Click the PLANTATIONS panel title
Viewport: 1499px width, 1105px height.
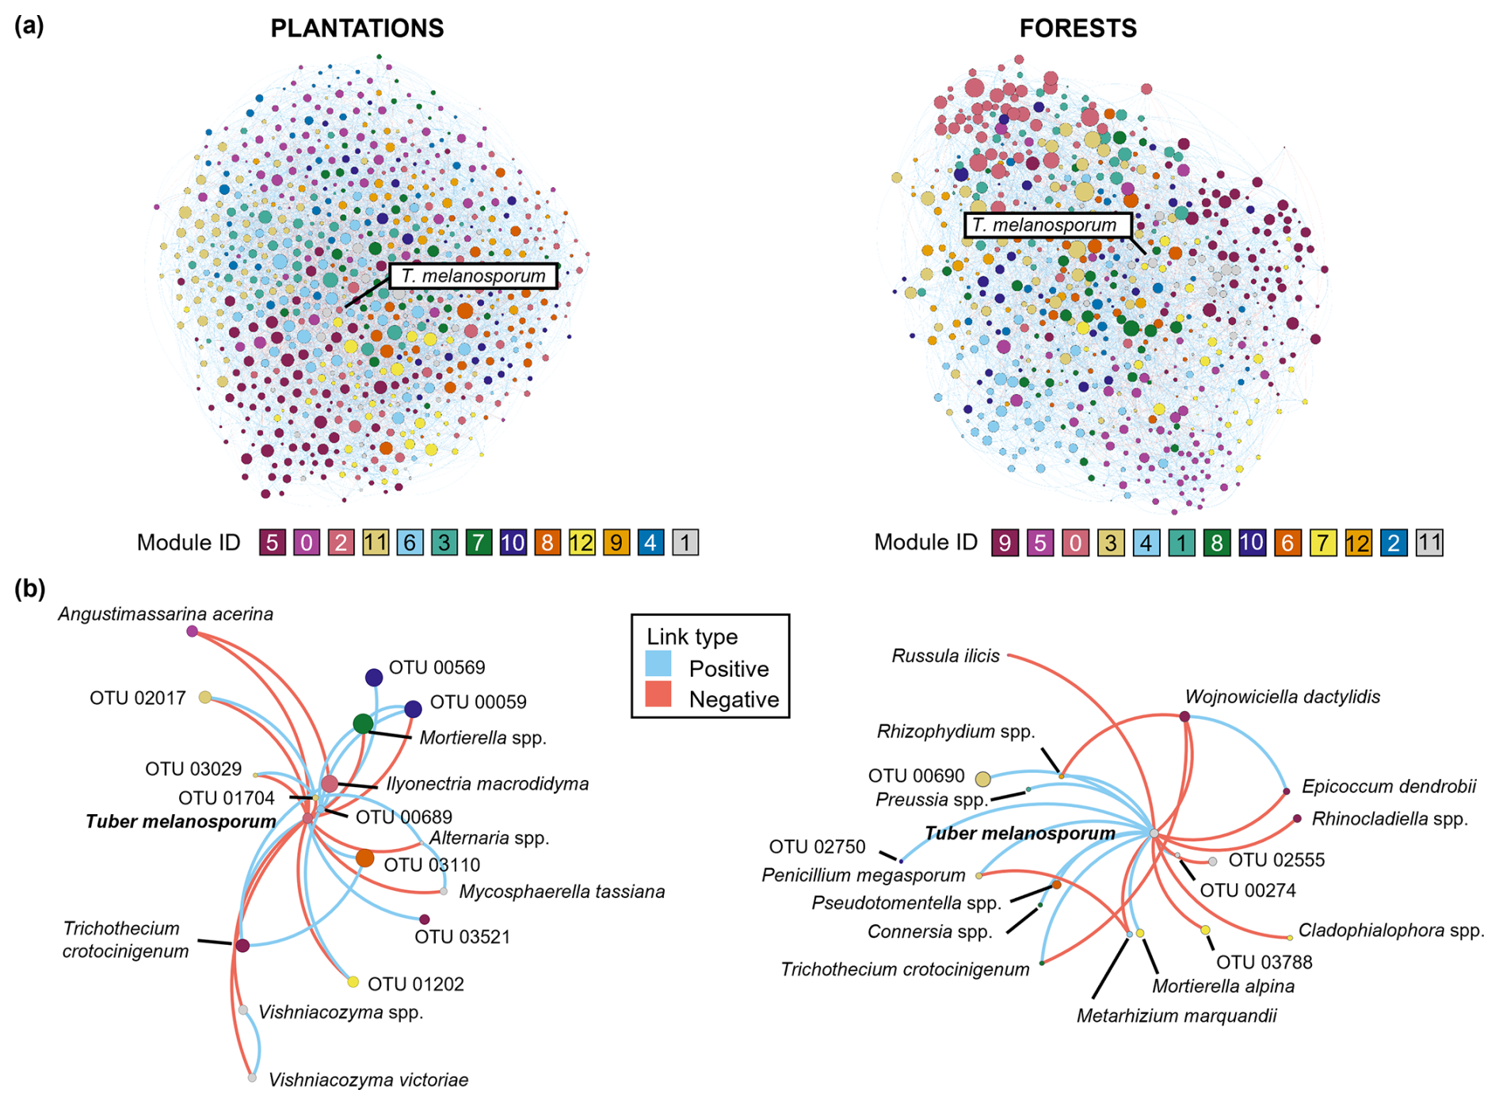[357, 29]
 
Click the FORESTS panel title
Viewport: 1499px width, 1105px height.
[1078, 29]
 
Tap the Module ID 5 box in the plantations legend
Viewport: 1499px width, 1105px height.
[272, 543]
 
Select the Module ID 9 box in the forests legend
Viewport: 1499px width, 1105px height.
[1005, 543]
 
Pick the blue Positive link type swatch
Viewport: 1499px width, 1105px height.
[658, 663]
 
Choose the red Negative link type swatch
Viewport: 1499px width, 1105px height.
[658, 694]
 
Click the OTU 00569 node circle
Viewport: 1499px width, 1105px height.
[374, 677]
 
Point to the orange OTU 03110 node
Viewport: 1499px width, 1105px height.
[364, 858]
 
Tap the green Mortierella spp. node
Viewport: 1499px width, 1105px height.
[363, 723]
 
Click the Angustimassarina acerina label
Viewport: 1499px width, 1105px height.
[166, 614]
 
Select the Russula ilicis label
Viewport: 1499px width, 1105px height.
[945, 656]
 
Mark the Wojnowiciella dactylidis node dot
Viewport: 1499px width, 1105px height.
[1184, 717]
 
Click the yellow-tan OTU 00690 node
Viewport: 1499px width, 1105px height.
[982, 779]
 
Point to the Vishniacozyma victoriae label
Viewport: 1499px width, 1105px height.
[368, 1080]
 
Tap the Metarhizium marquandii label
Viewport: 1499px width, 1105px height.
[1177, 1016]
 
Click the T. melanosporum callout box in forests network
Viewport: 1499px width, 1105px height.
[1047, 225]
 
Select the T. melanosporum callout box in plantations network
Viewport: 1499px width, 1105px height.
[473, 276]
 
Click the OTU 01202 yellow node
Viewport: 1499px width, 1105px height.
[353, 982]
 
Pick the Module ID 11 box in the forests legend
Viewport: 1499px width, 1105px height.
[1429, 543]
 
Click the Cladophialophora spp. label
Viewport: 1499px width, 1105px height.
[1391, 931]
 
